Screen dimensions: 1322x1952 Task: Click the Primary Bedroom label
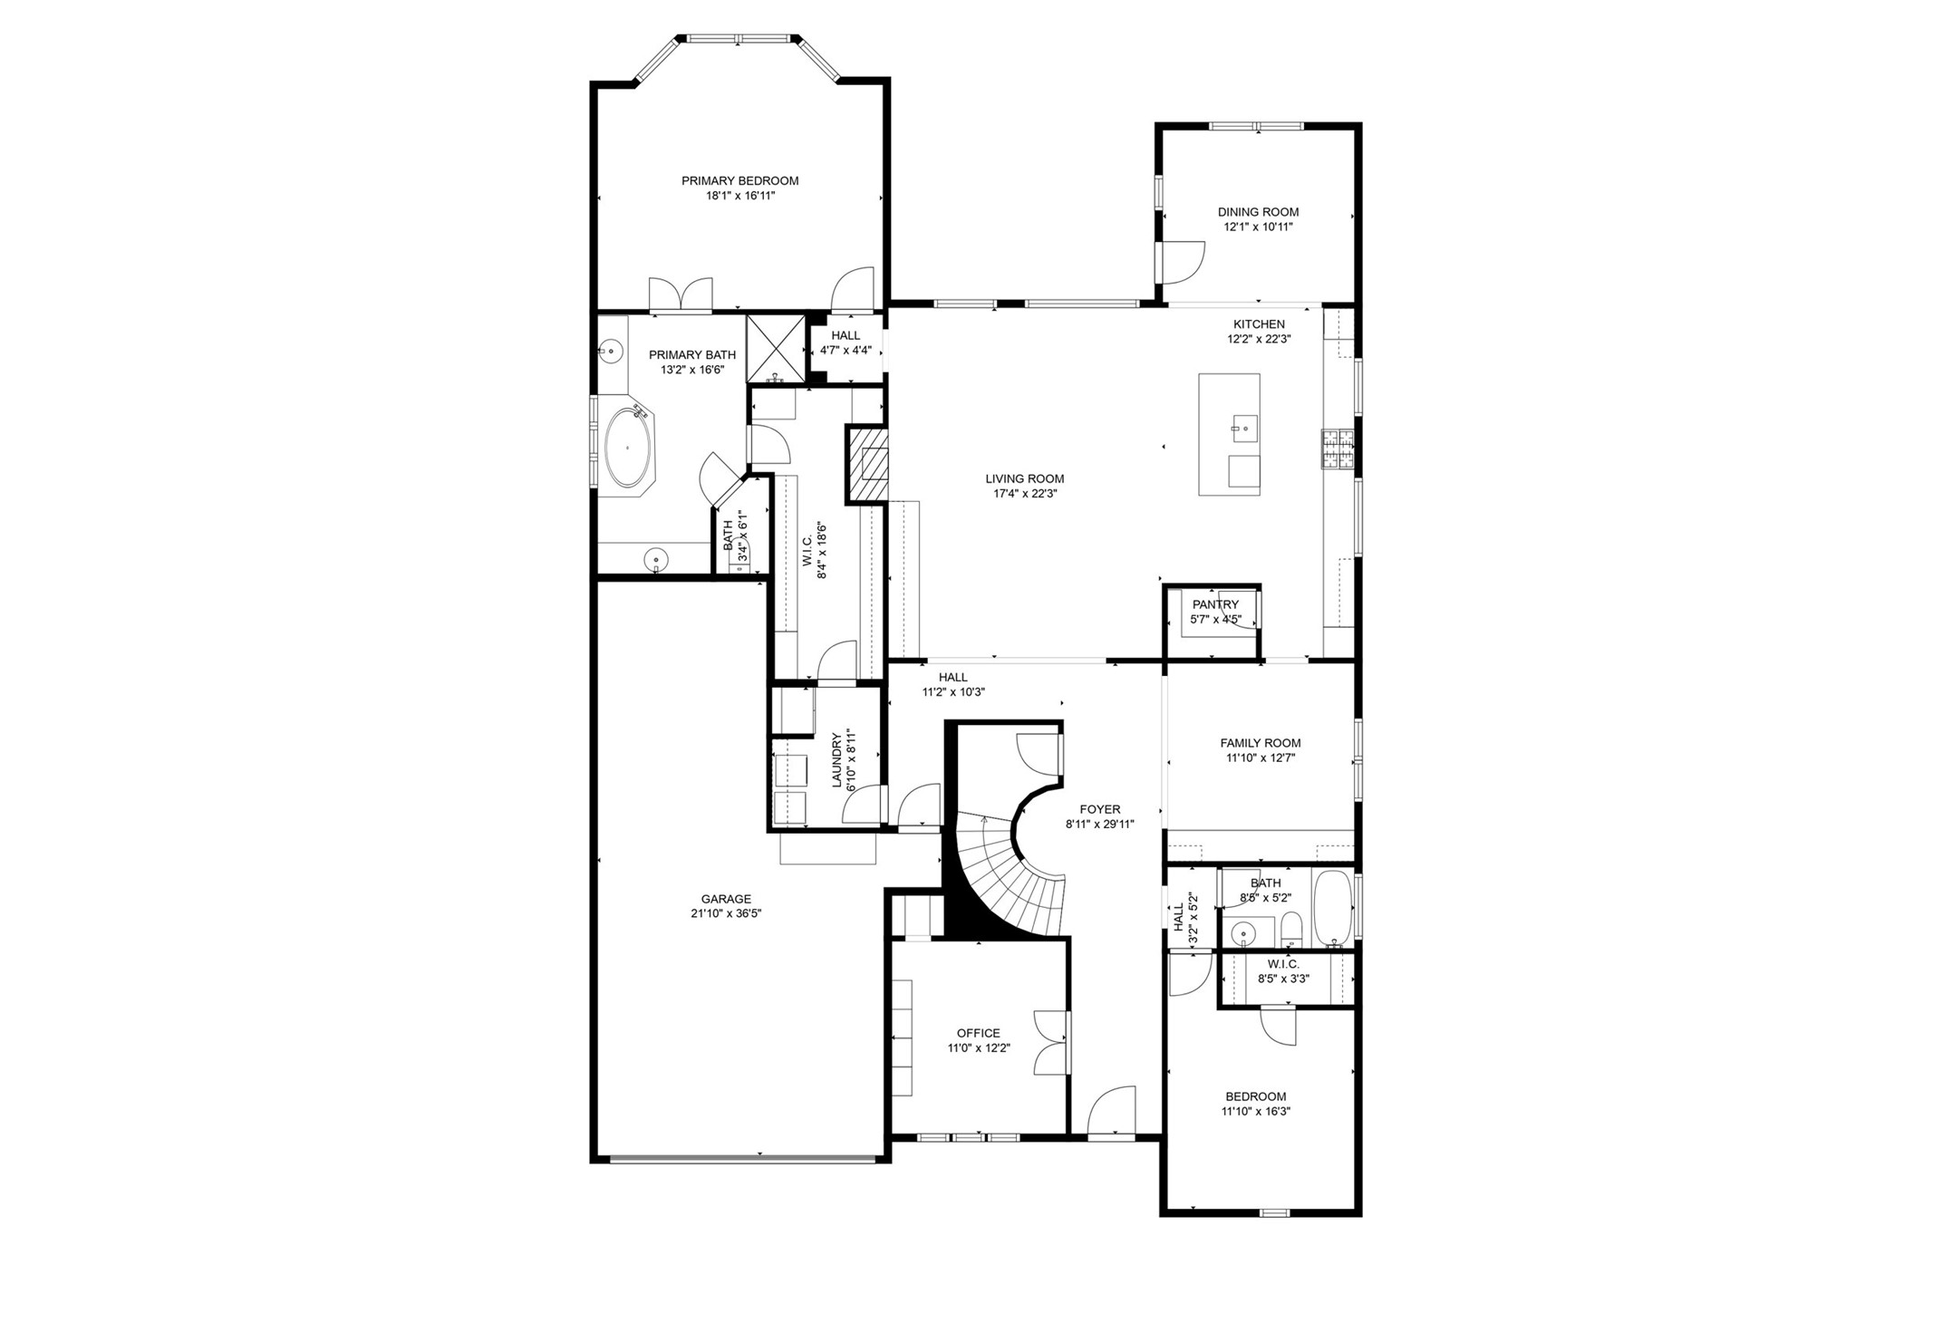[739, 181]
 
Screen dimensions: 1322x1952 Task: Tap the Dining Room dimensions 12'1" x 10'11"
[1258, 227]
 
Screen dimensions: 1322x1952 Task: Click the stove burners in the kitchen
[1337, 450]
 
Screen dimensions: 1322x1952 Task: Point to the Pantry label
[1214, 605]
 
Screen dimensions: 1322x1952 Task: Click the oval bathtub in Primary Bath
[627, 448]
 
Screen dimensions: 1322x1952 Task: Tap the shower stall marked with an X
[776, 348]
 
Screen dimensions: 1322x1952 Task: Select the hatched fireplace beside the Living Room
[868, 465]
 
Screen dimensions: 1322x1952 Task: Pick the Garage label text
[725, 900]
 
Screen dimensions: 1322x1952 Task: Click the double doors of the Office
[1051, 1042]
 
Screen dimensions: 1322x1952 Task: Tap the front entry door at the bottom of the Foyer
[1109, 1113]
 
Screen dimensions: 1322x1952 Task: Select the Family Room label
[1260, 743]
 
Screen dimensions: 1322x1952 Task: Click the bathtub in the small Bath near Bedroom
[1332, 907]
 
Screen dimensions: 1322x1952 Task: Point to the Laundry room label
[837, 759]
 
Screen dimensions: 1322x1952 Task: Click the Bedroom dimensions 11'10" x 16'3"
[1255, 1112]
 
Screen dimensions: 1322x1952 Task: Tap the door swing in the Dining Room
[1183, 261]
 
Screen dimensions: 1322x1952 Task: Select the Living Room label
[1024, 479]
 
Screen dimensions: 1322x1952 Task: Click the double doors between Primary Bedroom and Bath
[681, 294]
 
